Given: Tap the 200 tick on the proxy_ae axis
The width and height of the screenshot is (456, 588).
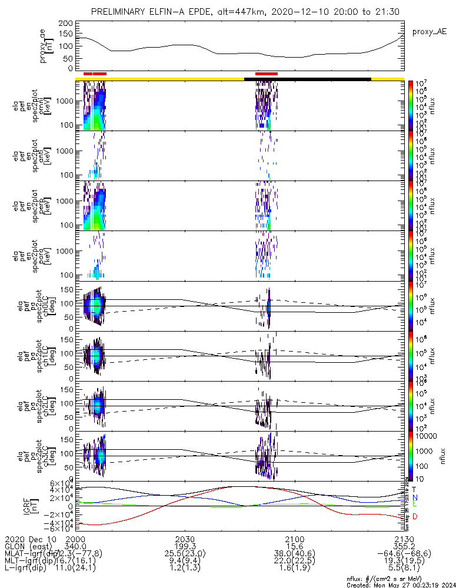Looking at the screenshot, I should (x=66, y=22).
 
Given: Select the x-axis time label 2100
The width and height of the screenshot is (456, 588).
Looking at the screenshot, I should (x=294, y=539).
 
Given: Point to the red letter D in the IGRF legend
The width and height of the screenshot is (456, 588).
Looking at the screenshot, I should (x=415, y=516).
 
